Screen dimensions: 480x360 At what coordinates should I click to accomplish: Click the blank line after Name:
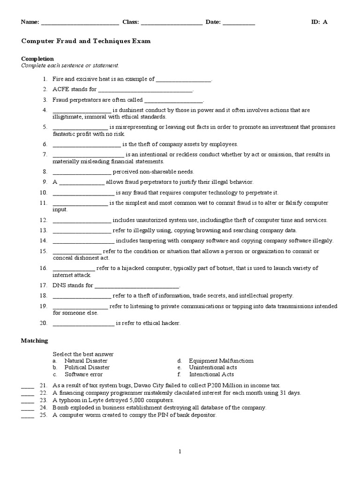[x=80, y=22]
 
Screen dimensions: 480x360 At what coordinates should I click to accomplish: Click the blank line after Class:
[x=172, y=22]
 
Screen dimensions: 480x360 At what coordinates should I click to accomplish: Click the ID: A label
[x=319, y=22]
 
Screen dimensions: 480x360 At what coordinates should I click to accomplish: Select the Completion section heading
[x=37, y=59]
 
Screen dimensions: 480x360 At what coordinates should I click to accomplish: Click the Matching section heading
[x=35, y=341]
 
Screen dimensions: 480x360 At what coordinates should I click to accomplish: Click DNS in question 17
[x=59, y=285]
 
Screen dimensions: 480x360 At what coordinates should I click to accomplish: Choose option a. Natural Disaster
[x=86, y=361]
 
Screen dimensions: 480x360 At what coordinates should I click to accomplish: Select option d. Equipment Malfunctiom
[x=221, y=361]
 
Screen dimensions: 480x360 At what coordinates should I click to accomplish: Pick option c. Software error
[x=83, y=375]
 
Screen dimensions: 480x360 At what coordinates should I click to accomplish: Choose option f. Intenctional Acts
[x=211, y=375]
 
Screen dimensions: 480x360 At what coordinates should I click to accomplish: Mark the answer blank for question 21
[x=28, y=385]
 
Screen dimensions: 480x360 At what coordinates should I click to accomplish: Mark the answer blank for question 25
[x=28, y=415]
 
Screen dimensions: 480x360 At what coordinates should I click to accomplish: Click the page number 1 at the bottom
[x=180, y=451]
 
